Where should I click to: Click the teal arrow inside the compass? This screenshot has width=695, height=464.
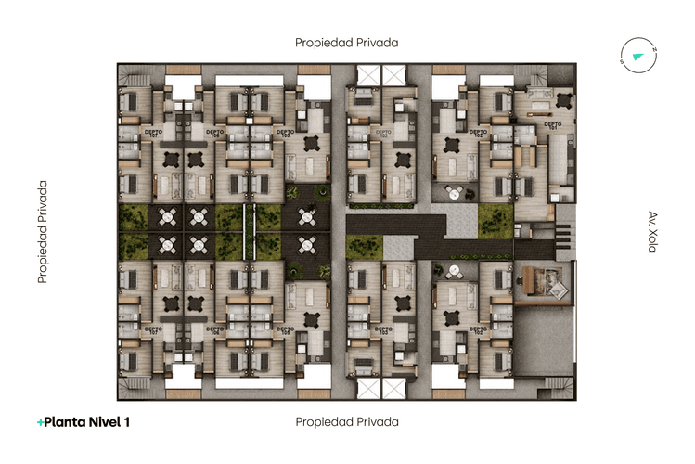638,57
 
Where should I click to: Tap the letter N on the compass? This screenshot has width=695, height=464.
653,50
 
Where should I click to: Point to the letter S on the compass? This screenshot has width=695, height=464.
623,62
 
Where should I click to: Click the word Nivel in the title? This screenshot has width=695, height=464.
105,422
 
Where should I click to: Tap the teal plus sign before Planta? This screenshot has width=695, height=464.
40,422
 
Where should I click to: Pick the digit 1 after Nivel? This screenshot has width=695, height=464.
127,422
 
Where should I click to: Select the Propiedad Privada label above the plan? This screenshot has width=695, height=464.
346,43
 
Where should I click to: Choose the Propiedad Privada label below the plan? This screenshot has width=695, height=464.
346,422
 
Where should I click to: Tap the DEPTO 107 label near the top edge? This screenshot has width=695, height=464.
152,132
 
